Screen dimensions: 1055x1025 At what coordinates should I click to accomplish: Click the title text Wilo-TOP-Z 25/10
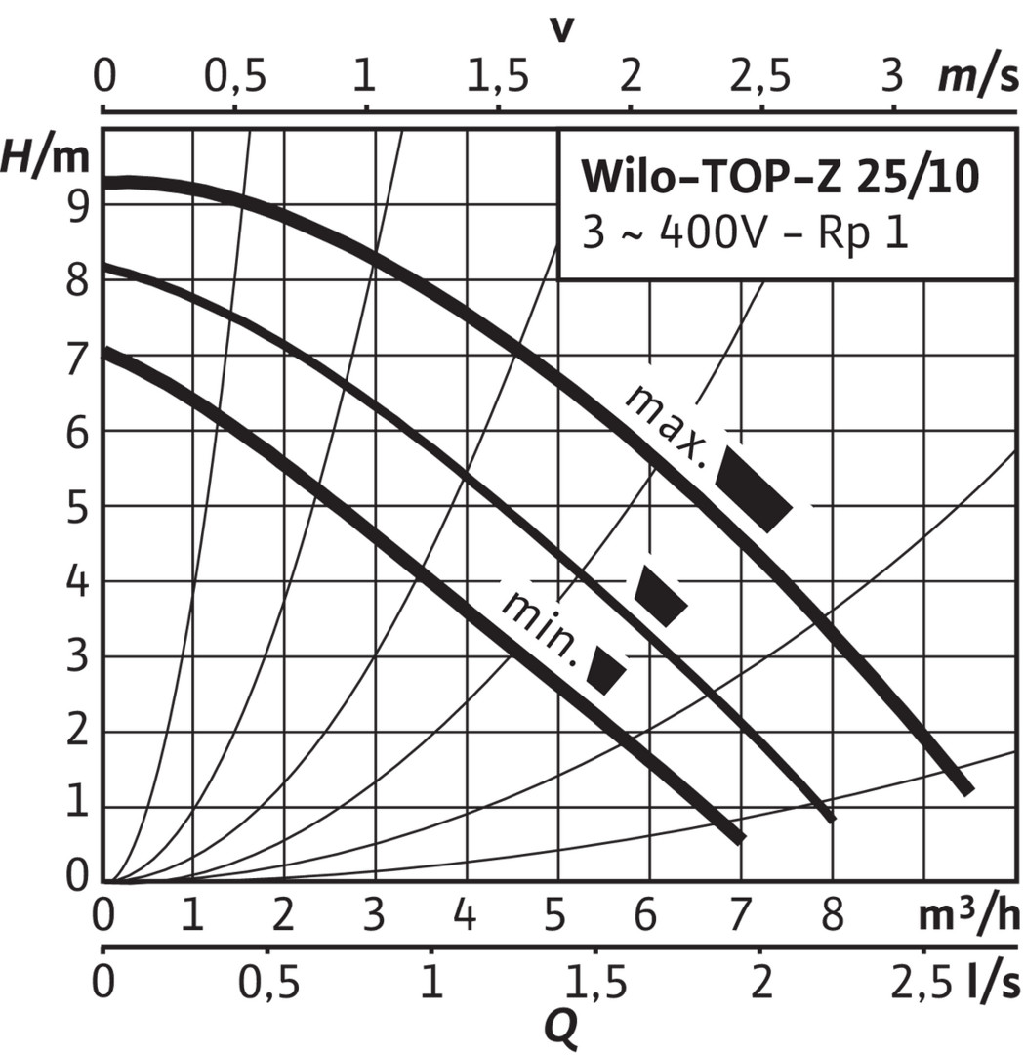[x=779, y=178]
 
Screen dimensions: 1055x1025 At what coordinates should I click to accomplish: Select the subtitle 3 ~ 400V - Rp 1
[x=746, y=234]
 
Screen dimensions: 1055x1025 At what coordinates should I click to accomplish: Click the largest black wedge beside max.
[x=753, y=488]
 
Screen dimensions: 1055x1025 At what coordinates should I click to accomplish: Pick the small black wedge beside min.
[x=606, y=670]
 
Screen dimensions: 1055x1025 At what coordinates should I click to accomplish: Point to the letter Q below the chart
[x=558, y=1026]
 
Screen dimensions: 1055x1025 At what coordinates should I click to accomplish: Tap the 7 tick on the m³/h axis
[x=742, y=917]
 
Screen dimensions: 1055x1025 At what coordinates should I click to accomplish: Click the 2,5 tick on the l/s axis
[x=922, y=982]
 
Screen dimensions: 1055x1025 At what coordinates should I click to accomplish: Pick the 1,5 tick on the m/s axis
[x=499, y=77]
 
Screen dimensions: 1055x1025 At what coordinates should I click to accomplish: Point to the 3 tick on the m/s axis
[x=891, y=77]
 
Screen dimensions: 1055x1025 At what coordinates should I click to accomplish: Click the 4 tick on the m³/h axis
[x=465, y=917]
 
